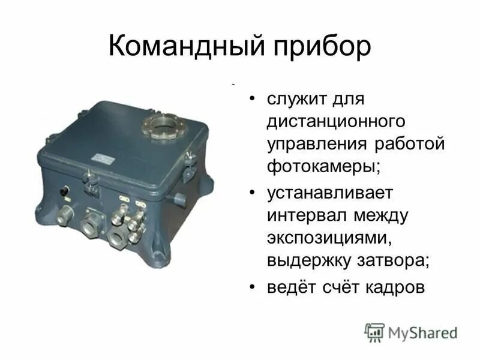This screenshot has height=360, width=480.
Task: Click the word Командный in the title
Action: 181,46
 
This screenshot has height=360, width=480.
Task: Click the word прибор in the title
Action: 317,46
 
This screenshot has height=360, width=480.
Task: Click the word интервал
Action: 305,215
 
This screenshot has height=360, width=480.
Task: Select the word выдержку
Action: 311,261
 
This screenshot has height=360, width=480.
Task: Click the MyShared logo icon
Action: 375,331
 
